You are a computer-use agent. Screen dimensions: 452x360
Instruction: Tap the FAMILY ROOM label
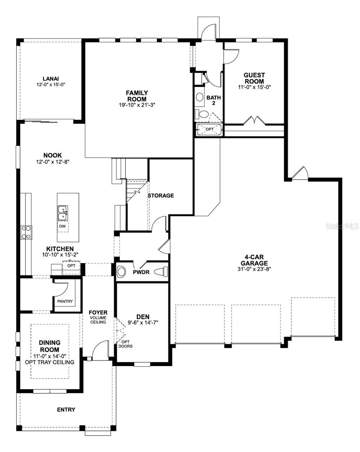(x=136, y=96)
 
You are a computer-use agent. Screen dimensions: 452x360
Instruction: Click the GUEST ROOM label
(x=254, y=78)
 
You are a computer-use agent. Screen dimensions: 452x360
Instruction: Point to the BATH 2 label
(x=213, y=100)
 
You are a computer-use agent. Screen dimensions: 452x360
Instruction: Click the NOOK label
(x=52, y=155)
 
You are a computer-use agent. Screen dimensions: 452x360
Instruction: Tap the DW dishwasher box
(x=63, y=226)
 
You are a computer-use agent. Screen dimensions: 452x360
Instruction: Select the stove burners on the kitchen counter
(x=26, y=232)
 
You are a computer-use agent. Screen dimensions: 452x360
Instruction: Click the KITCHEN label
(x=60, y=249)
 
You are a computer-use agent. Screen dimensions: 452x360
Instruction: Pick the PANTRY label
(x=65, y=301)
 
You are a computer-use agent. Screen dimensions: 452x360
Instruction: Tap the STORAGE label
(x=161, y=195)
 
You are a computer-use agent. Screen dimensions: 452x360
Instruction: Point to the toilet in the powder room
(x=161, y=271)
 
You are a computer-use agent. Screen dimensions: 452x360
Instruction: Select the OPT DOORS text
(x=126, y=344)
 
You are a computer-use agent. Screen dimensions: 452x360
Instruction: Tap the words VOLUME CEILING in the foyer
(x=98, y=320)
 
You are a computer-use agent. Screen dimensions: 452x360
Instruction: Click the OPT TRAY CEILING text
(x=49, y=362)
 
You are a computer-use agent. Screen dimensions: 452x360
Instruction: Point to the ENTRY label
(x=66, y=409)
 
